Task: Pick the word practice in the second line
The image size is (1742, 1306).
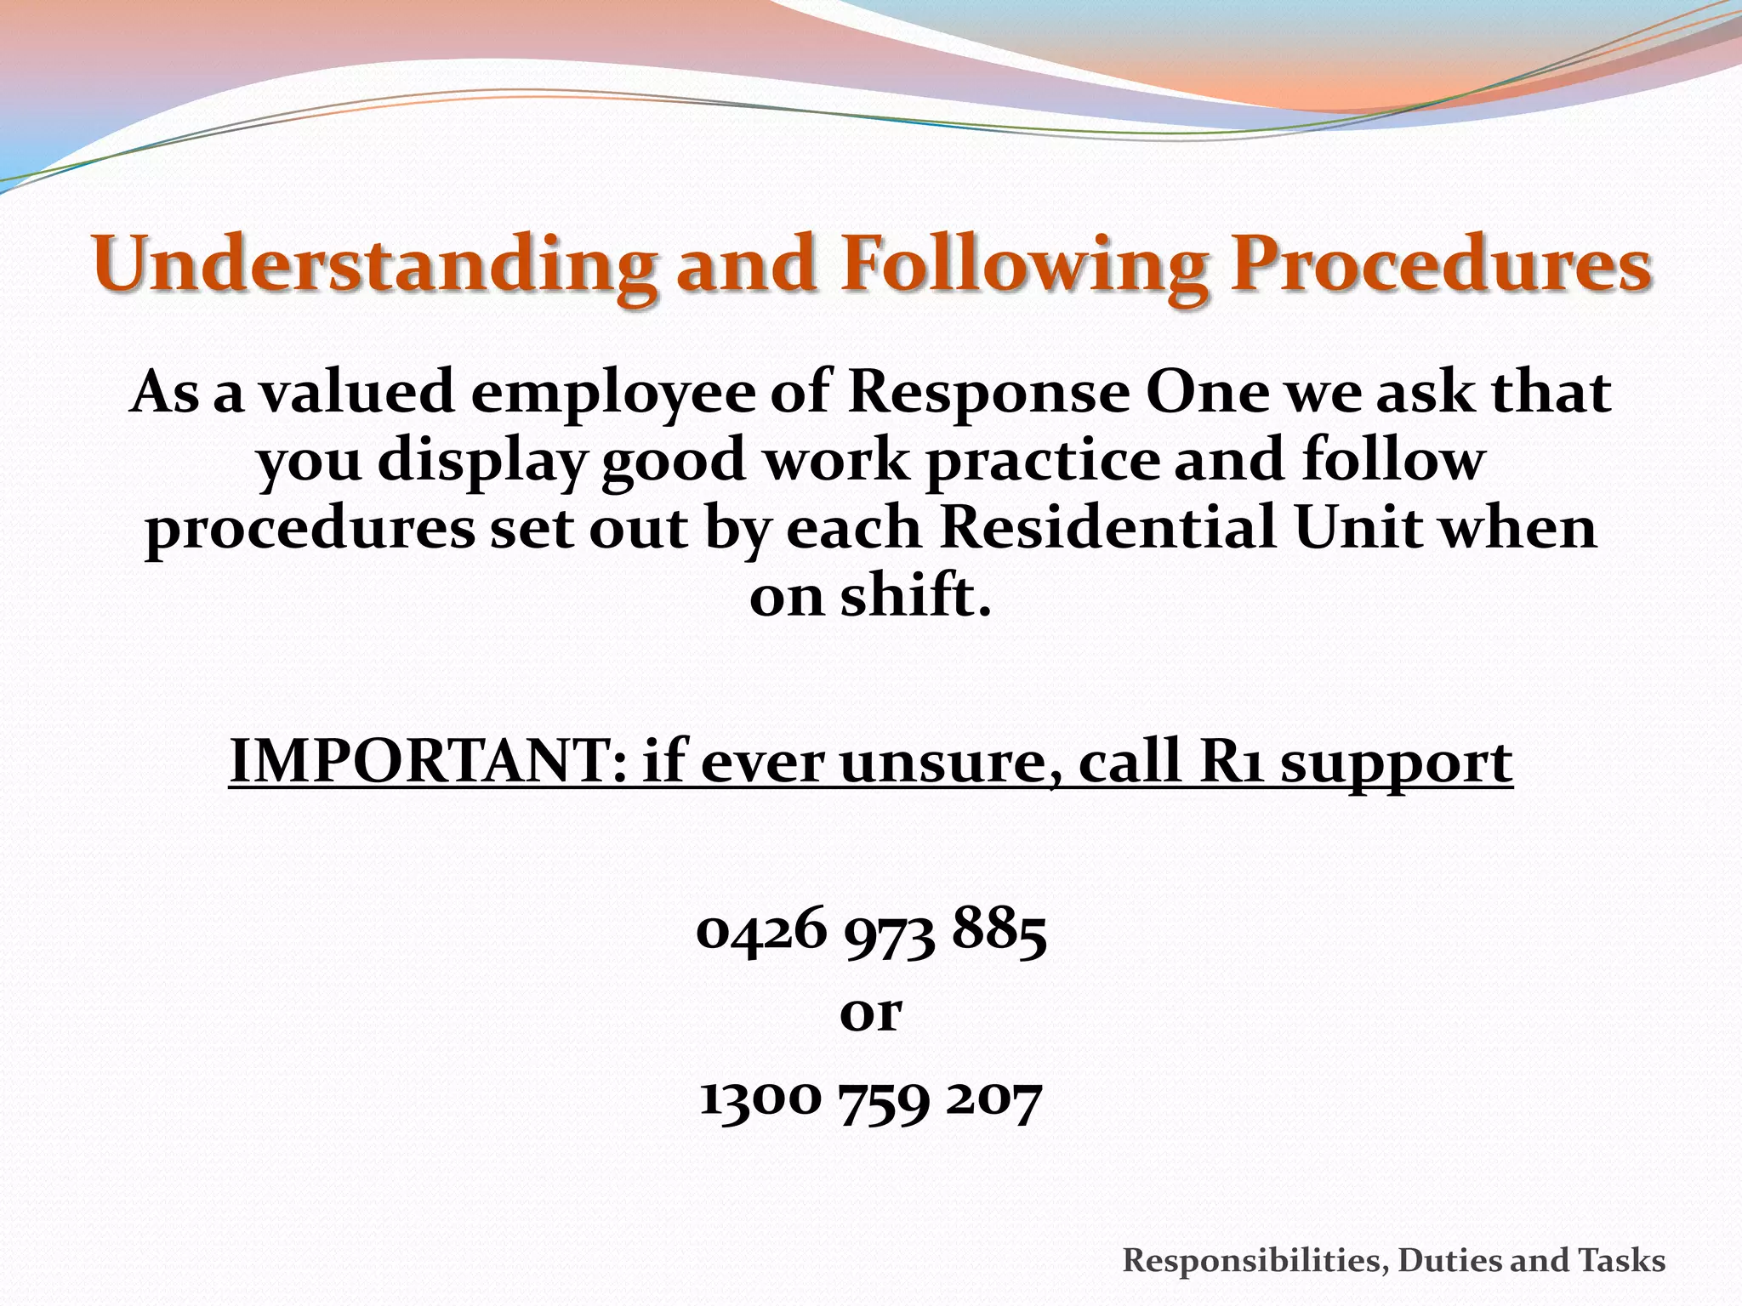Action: pos(1042,463)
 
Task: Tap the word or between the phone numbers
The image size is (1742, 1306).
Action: pos(870,1014)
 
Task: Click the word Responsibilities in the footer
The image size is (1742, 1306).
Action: pos(1254,1260)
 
